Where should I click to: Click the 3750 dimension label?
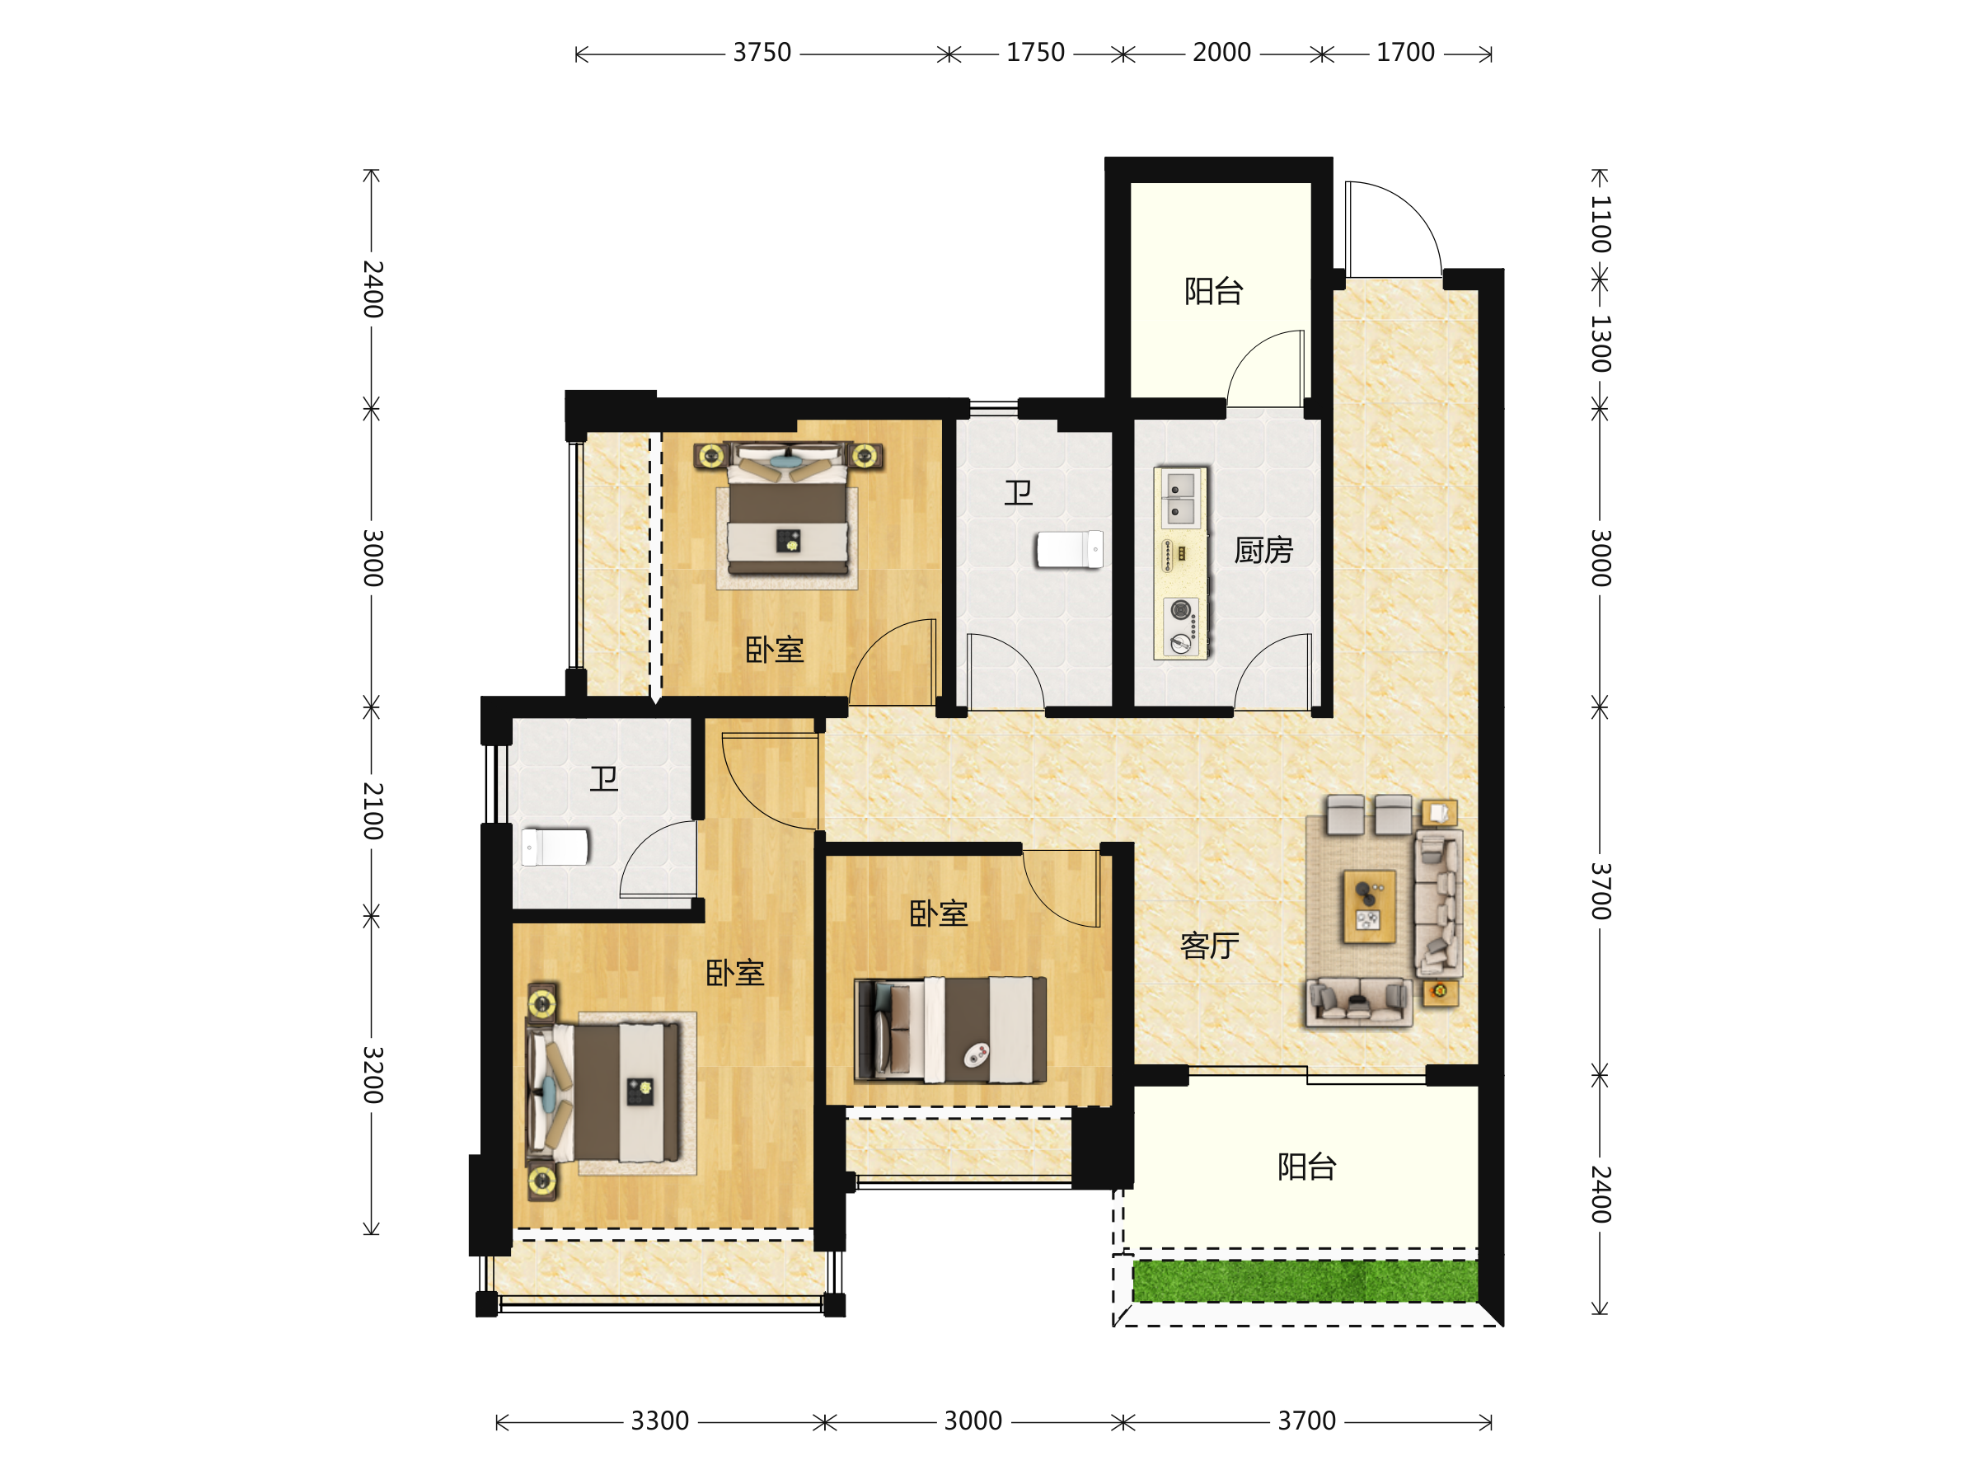tap(762, 53)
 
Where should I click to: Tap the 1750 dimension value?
tap(1035, 53)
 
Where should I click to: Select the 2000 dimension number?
tap(1221, 53)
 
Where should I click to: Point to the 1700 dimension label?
tap(1406, 53)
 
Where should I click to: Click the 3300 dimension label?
tap(660, 1421)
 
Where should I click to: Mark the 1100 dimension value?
tap(1601, 223)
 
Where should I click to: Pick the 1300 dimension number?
tap(1601, 344)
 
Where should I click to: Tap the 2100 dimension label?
tap(373, 811)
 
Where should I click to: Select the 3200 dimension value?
tap(373, 1075)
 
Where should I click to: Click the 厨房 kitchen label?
tap(1263, 550)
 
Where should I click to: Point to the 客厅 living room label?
tap(1209, 946)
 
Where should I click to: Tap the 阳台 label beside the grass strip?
tap(1306, 1167)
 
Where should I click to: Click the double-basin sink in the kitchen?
tap(1180, 498)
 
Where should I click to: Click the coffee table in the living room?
tap(1369, 907)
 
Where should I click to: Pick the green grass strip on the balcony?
tap(1305, 1282)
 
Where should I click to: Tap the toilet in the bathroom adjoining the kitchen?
tap(1070, 549)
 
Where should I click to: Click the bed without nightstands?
tap(950, 1031)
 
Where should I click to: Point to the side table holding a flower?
tap(1440, 992)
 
